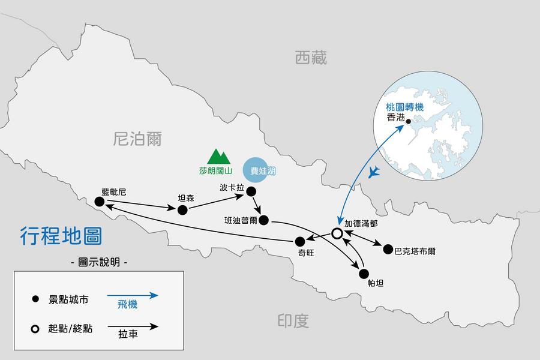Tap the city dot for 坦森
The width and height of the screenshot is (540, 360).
(182, 209)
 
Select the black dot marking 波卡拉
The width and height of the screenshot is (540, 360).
(251, 192)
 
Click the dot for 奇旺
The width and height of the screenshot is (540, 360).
(300, 241)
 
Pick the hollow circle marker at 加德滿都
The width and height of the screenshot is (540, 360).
(337, 233)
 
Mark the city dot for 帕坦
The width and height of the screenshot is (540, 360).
(363, 274)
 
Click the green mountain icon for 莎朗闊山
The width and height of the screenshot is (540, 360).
(219, 157)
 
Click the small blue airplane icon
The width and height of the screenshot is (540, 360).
(376, 173)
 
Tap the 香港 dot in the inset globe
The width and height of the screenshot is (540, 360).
(409, 122)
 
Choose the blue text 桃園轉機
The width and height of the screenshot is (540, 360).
(405, 107)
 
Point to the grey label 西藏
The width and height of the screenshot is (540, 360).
(311, 58)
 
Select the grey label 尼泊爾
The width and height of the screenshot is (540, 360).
(137, 139)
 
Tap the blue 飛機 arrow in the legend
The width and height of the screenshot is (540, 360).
(133, 295)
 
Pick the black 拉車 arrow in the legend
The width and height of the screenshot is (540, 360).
(133, 327)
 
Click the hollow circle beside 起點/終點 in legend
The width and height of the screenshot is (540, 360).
(35, 329)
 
